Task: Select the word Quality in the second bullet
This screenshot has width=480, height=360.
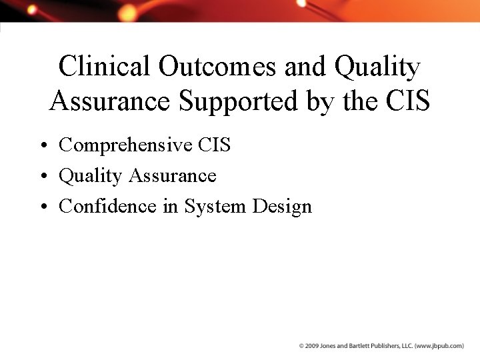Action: (x=91, y=176)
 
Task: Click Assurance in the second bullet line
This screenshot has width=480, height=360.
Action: (x=173, y=176)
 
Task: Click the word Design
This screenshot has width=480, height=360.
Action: (x=282, y=207)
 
